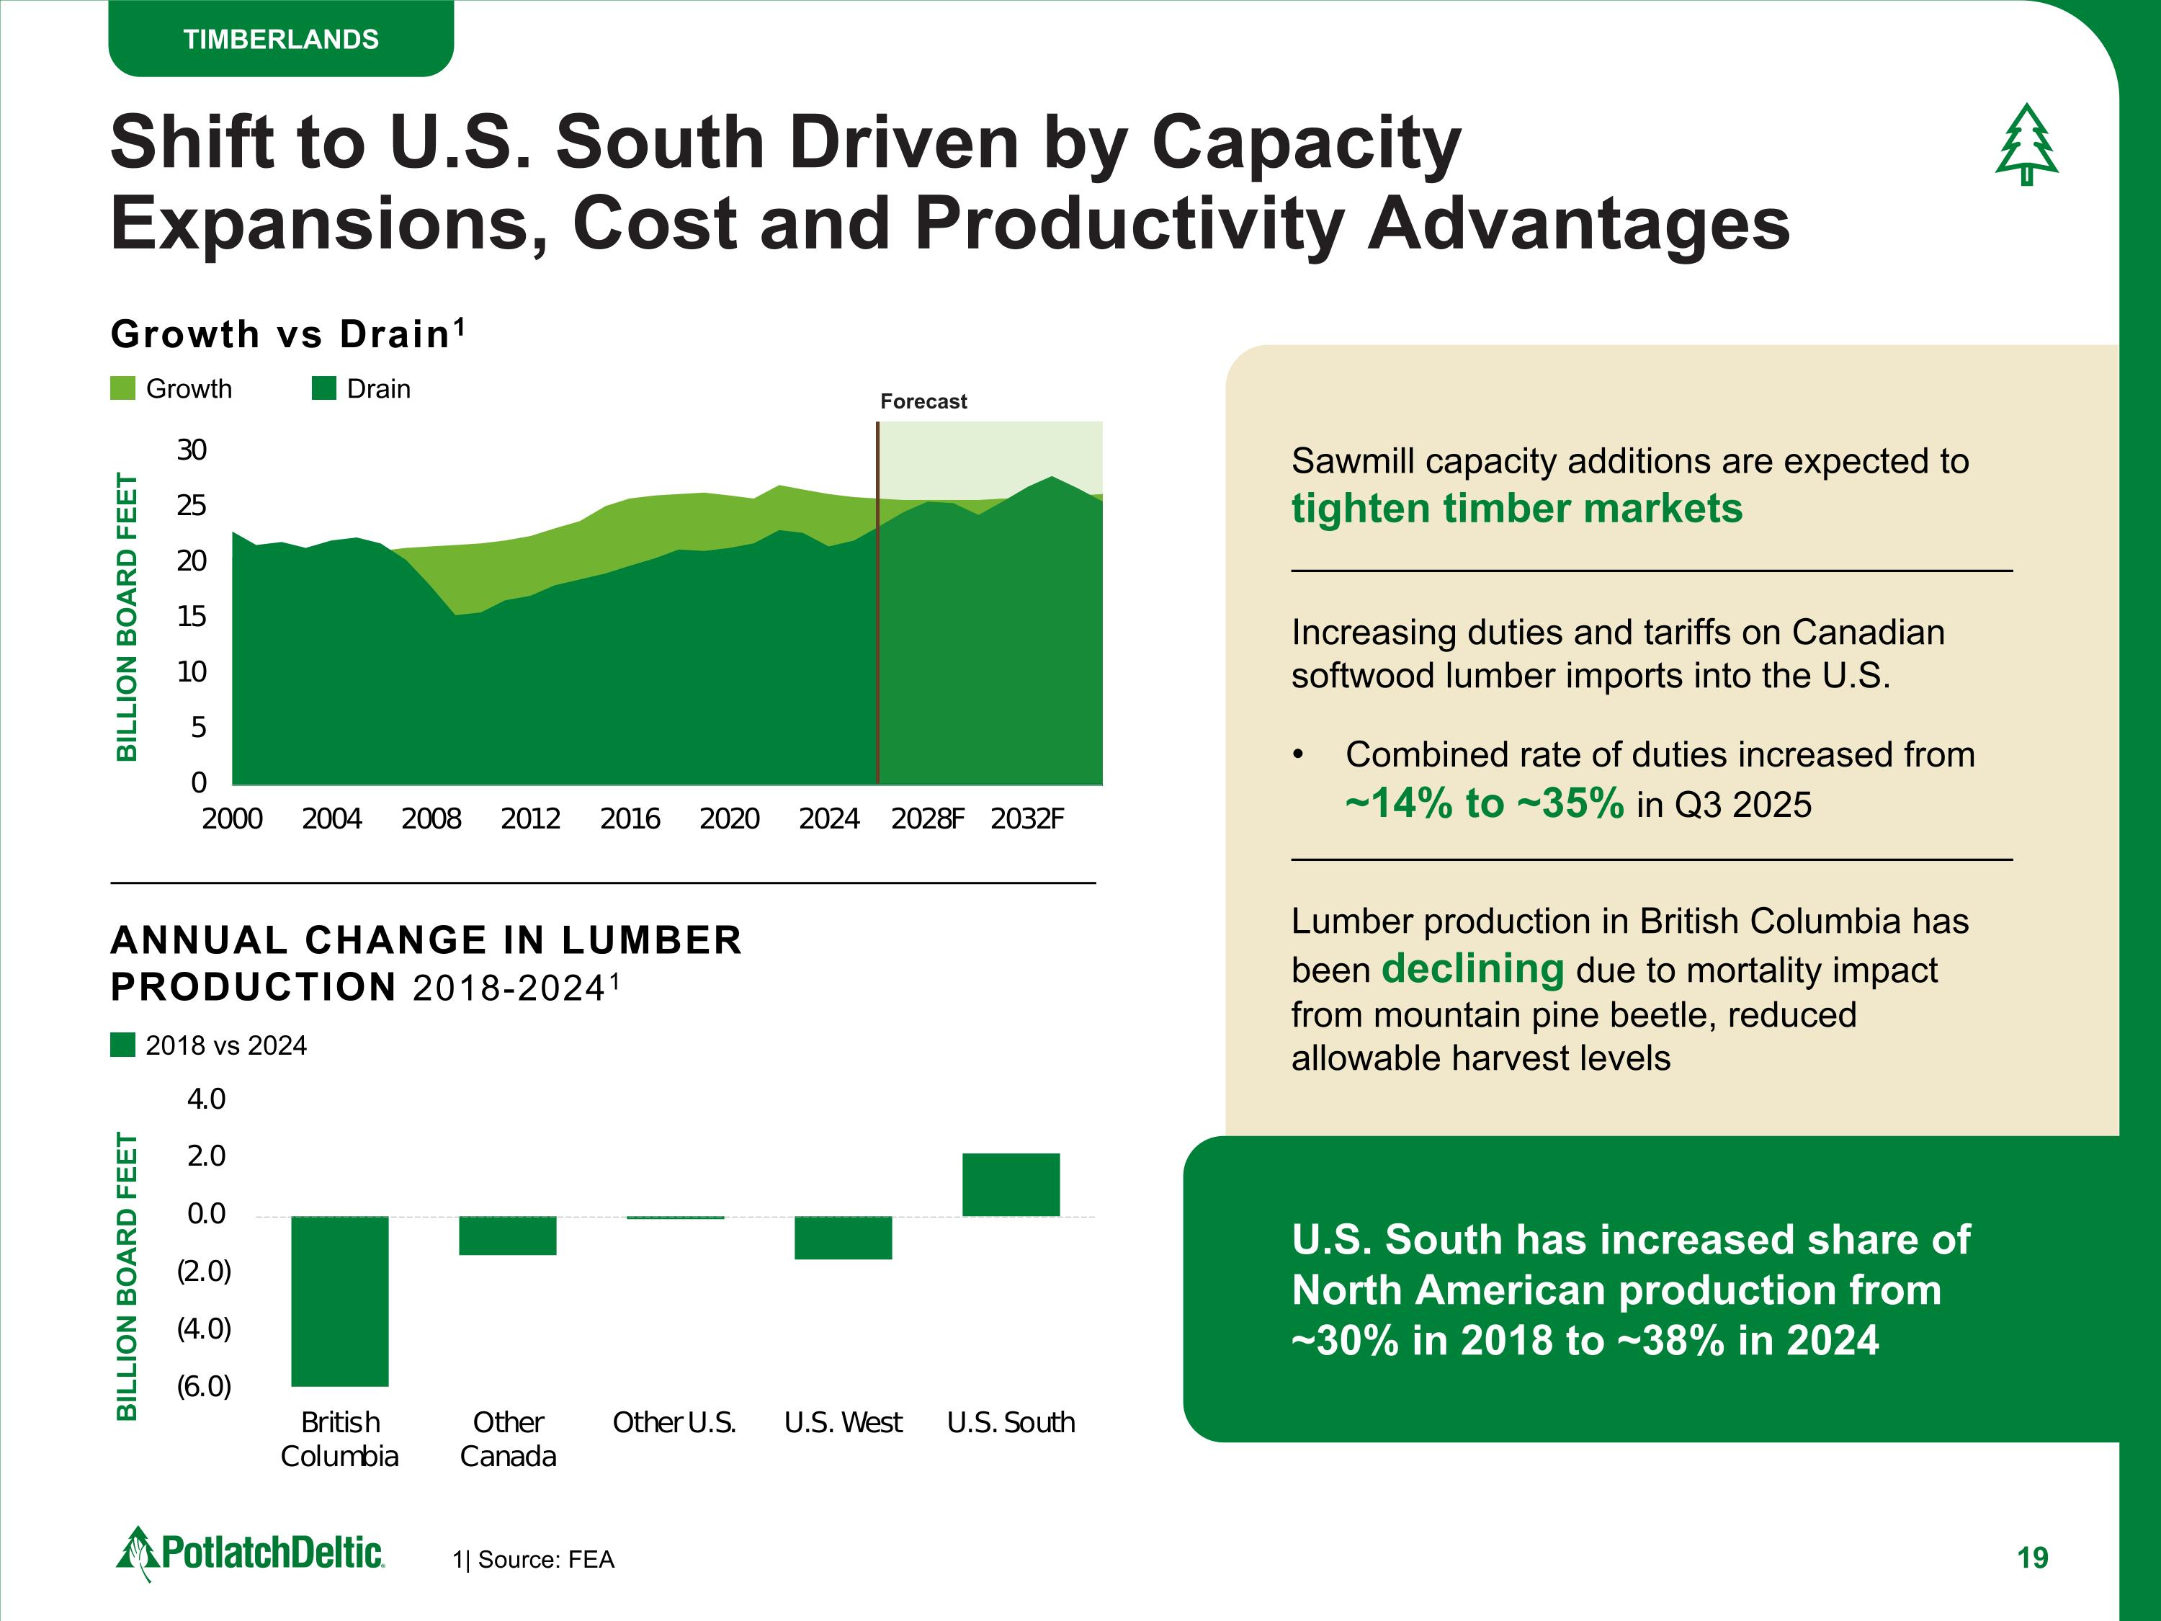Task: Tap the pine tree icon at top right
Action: coord(2026,146)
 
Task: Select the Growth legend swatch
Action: coord(123,389)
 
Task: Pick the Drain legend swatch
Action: coord(323,389)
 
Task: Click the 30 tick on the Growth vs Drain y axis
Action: coord(192,450)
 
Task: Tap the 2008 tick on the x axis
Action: coord(431,819)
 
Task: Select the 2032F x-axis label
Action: coord(1026,819)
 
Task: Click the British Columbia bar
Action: coord(340,1300)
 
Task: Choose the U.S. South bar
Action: coord(1010,1185)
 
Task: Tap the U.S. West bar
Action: coord(843,1238)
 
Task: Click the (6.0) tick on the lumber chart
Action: coord(204,1387)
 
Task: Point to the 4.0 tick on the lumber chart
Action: coord(206,1099)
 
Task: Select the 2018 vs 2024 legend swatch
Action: coord(123,1045)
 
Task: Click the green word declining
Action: coord(1472,969)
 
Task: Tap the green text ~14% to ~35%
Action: coord(1484,804)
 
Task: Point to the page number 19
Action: coord(2032,1558)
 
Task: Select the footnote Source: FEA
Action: coord(534,1560)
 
